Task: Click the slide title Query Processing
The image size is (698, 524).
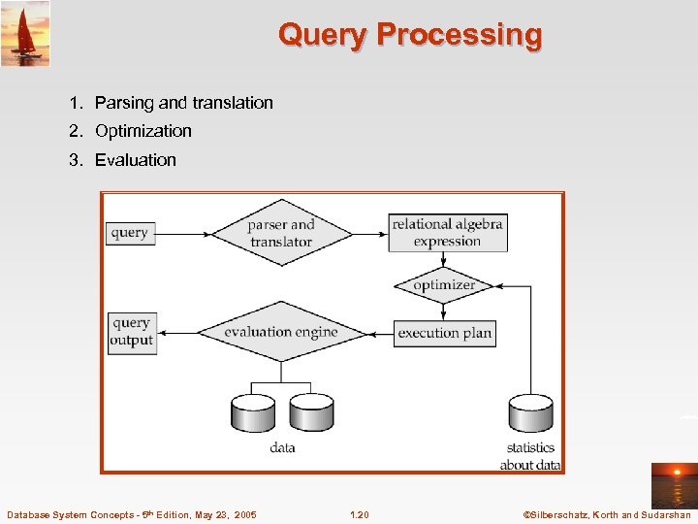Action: (x=410, y=35)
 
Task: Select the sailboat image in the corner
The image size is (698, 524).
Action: (x=25, y=33)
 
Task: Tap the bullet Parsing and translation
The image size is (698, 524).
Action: (x=183, y=103)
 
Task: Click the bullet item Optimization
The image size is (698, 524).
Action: (x=143, y=131)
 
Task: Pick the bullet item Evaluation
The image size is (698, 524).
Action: (x=135, y=160)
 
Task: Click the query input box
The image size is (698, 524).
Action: (x=130, y=233)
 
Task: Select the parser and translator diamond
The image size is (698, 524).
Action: (x=281, y=233)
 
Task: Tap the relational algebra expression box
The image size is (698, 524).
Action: (x=447, y=233)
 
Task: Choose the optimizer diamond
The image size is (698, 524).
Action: (x=444, y=285)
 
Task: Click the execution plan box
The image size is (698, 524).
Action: (x=444, y=333)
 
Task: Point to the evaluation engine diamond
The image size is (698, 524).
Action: (x=281, y=332)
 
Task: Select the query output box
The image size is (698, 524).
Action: (x=132, y=332)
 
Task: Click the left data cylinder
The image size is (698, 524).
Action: (x=253, y=412)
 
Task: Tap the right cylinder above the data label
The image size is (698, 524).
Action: (x=311, y=412)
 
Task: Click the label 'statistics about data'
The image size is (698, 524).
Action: (x=530, y=456)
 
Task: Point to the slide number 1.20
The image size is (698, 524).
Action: (x=359, y=514)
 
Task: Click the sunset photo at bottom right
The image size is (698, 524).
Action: (x=673, y=485)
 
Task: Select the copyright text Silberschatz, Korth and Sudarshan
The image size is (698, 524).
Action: (x=606, y=514)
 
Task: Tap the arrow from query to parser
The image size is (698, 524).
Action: (x=183, y=234)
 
